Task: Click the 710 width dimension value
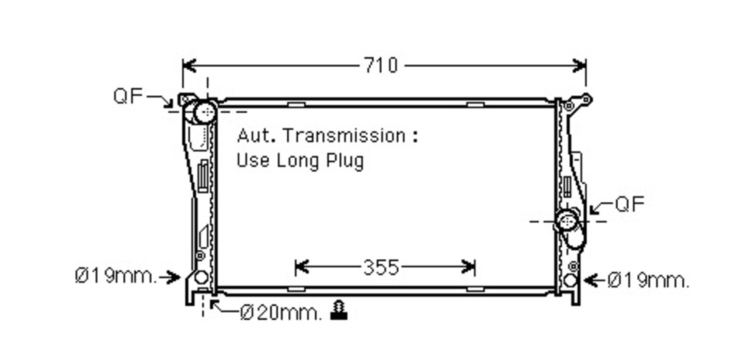[380, 65]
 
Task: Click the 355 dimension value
[381, 268]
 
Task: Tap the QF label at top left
[128, 96]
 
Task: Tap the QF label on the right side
[630, 204]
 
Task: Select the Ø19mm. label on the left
[116, 276]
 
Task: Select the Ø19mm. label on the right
[648, 280]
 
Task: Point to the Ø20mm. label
[281, 314]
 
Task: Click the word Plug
[345, 161]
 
